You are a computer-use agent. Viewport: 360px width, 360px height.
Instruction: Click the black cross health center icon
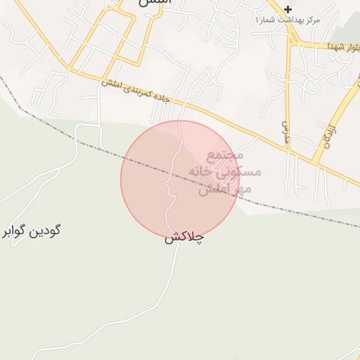[x=288, y=9]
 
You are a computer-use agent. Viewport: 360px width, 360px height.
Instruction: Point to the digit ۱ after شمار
[x=257, y=20]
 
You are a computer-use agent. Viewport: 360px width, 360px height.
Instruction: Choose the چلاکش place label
[x=184, y=238]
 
